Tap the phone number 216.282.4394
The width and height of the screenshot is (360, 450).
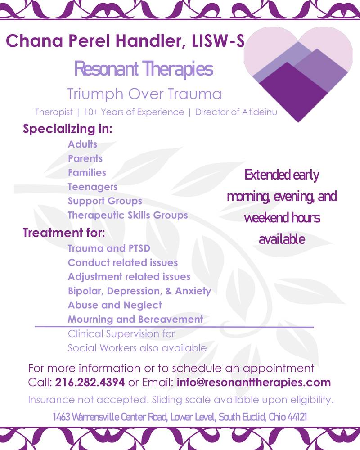[x=90, y=382]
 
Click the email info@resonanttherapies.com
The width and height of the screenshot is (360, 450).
[x=254, y=382]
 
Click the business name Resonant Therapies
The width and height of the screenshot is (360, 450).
[x=144, y=69]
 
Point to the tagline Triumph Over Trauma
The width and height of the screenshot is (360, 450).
[x=144, y=94]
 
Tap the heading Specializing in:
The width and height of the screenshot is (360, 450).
[x=67, y=129]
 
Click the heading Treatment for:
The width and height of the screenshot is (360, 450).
[x=64, y=233]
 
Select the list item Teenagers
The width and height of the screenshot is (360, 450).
[x=93, y=187]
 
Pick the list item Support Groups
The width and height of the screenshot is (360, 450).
[x=105, y=201]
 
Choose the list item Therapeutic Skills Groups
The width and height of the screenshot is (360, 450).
[x=128, y=215]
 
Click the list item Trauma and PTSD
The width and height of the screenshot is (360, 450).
[x=109, y=248]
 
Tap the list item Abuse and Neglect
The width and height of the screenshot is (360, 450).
[x=115, y=305]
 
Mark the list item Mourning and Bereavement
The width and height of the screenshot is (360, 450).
[x=135, y=319]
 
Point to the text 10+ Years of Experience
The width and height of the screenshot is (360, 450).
[x=134, y=112]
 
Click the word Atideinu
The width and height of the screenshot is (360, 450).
[x=260, y=112]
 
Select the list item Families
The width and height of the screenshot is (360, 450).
[x=87, y=172]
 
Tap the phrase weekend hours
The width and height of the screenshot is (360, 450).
[x=282, y=218]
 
